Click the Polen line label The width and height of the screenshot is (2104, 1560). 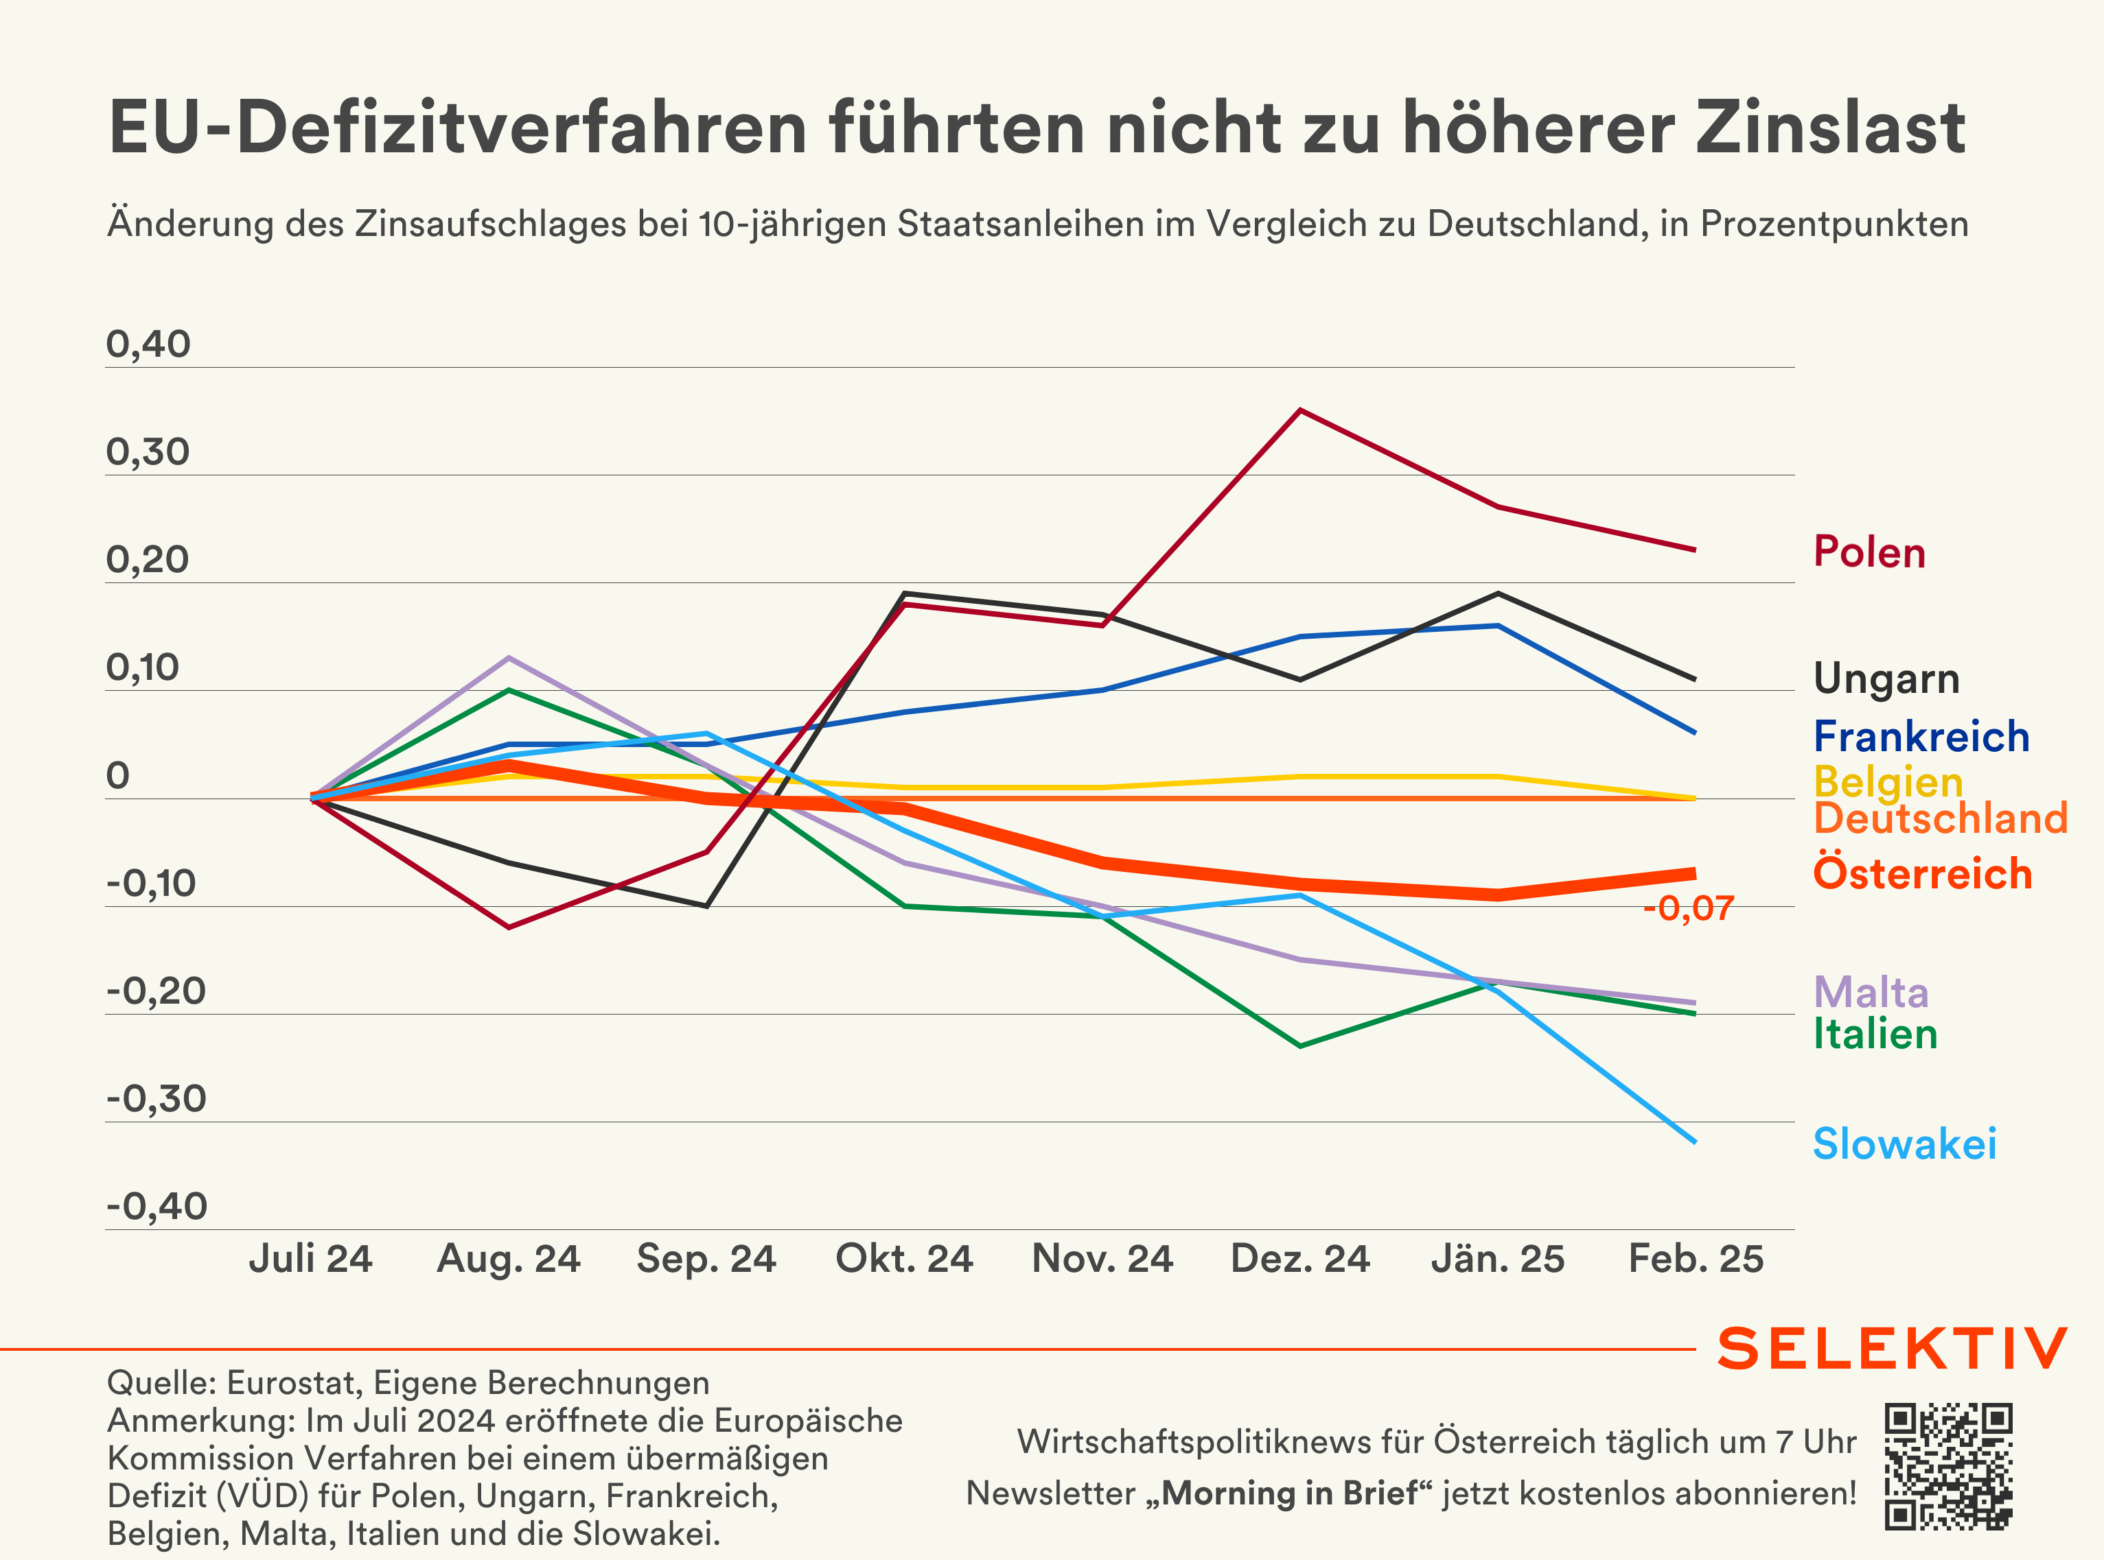click(x=1869, y=552)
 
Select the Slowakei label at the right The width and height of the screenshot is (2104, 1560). click(x=1904, y=1144)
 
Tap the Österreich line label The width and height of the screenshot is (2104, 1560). click(x=1921, y=873)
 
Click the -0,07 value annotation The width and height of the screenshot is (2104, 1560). click(x=1688, y=908)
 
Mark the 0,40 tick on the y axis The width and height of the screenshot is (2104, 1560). click(x=148, y=344)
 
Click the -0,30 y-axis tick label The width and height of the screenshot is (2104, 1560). click(x=156, y=1099)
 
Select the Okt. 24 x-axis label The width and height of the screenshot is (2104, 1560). click(x=904, y=1259)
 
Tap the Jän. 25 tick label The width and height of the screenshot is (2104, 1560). click(x=1497, y=1259)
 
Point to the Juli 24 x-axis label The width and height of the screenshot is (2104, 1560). click(x=311, y=1259)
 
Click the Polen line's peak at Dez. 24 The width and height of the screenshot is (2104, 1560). click(x=1301, y=410)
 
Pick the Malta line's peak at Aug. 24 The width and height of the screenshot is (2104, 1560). click(x=509, y=657)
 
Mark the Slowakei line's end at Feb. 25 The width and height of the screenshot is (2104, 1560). click(x=1695, y=1142)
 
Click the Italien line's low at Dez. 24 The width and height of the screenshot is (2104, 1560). click(x=1301, y=1045)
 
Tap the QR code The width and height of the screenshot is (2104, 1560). click(x=1948, y=1465)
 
